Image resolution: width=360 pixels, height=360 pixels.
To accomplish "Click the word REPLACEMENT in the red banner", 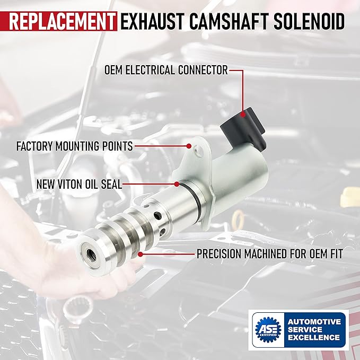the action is click(62, 21).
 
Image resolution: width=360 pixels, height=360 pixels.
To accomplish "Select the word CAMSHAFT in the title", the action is click(229, 21).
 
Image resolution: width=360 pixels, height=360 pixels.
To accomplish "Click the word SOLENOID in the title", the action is click(309, 21).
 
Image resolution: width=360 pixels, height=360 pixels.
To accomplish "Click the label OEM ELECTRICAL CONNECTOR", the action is click(166, 70).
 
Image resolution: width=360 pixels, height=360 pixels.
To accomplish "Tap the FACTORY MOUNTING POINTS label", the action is click(75, 146).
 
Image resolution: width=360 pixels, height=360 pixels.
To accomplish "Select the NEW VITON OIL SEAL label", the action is click(79, 185).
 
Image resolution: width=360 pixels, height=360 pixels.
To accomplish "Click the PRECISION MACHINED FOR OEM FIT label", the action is click(270, 254).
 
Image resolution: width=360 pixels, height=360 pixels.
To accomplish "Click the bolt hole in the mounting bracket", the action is click(198, 151).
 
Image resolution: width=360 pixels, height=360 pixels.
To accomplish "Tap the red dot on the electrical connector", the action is click(243, 115).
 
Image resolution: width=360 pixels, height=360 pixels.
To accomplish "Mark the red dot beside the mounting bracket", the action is click(189, 146).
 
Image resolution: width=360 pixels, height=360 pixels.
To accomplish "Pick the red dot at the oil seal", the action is click(177, 184).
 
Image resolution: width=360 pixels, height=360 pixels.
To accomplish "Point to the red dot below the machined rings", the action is click(141, 254).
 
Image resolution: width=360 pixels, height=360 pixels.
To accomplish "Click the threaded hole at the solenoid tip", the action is click(91, 254).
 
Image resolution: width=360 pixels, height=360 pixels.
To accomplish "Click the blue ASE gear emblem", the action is click(268, 329).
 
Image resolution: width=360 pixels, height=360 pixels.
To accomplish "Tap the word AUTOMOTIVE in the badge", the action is click(314, 321).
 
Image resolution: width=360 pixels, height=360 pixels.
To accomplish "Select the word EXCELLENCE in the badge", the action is click(314, 337).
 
